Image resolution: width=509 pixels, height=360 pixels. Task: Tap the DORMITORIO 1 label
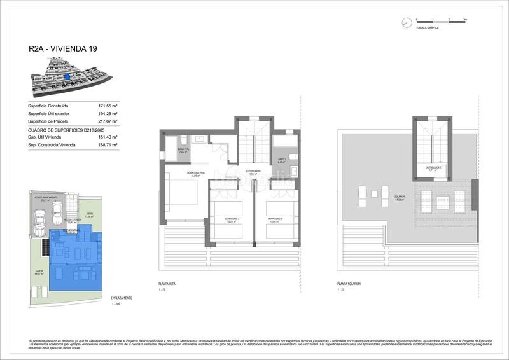pos(276,219)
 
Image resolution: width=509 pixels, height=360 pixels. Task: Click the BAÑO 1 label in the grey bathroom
pos(282,159)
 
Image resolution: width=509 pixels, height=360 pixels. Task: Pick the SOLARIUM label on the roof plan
pos(399,198)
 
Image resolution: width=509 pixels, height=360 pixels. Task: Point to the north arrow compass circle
pos(406,23)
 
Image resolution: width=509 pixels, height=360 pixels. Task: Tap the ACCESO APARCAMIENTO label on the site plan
pos(46,198)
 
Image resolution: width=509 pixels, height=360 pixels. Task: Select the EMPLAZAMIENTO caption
pos(122,298)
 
